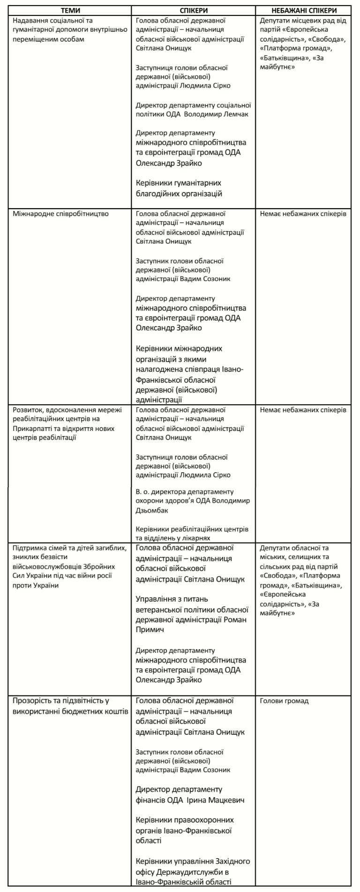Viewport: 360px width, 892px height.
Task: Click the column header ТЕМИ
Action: tap(69, 10)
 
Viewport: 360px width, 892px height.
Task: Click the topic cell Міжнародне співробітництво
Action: tap(61, 214)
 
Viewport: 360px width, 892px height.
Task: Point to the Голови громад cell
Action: tap(284, 701)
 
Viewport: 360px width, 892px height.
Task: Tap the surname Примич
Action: tap(149, 630)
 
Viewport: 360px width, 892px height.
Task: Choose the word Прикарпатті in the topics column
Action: tap(31, 429)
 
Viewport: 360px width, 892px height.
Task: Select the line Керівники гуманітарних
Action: tap(178, 183)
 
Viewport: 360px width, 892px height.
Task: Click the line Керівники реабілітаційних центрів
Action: tap(192, 529)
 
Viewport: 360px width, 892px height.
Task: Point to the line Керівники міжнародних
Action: tap(179, 349)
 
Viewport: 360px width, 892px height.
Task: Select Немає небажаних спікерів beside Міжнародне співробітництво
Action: tap(303, 214)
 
